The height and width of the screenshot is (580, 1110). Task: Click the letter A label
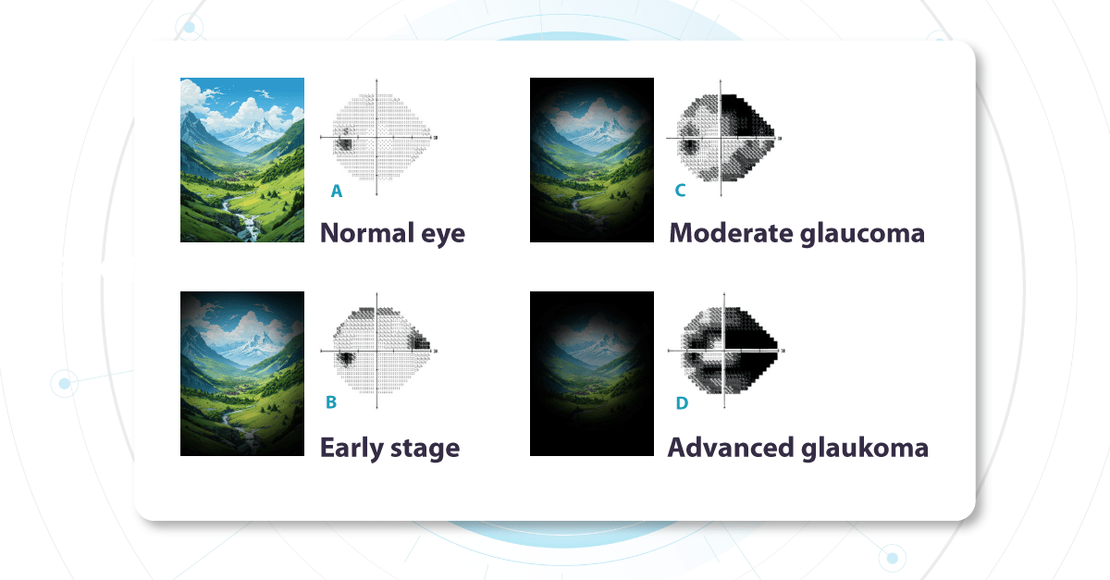pyautogui.click(x=337, y=191)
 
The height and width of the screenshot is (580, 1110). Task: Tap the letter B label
pyautogui.click(x=331, y=404)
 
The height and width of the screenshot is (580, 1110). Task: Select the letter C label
pyautogui.click(x=680, y=191)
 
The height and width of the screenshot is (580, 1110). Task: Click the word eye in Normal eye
pyautogui.click(x=440, y=234)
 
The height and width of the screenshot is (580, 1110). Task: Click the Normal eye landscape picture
pyautogui.click(x=242, y=160)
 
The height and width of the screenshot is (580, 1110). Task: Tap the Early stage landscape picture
pyautogui.click(x=242, y=373)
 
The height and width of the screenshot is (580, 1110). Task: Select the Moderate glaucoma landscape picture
pyautogui.click(x=592, y=160)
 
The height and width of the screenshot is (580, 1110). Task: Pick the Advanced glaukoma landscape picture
pyautogui.click(x=592, y=373)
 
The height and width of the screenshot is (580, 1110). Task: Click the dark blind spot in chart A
pyautogui.click(x=344, y=143)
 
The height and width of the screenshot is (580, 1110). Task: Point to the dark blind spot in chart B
pyautogui.click(x=345, y=357)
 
